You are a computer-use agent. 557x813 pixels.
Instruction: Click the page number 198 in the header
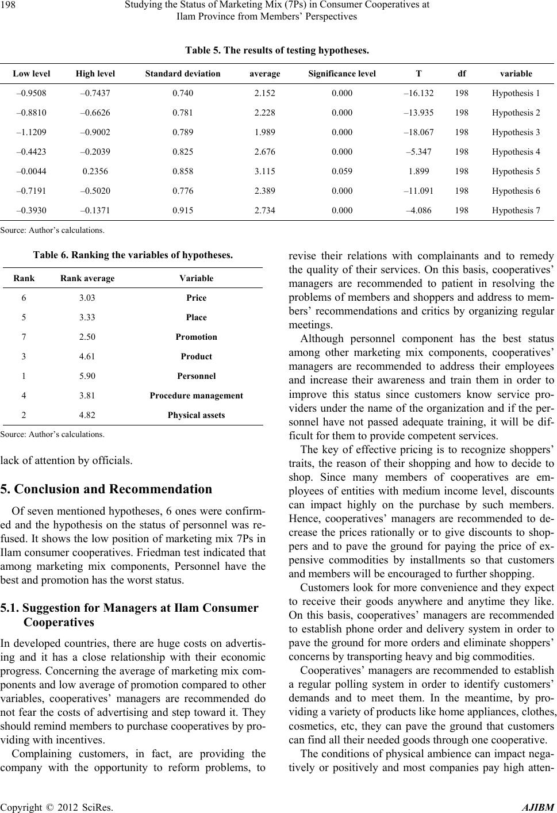(11, 6)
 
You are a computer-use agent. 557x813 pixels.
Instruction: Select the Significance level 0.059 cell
(342, 171)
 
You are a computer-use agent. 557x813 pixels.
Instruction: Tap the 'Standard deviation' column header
(183, 74)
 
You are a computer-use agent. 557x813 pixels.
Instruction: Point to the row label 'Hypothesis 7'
(516, 210)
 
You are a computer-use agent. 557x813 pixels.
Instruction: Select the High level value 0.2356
(95, 171)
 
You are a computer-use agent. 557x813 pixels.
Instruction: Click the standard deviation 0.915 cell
(183, 210)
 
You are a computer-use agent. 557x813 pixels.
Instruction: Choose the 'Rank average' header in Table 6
(87, 278)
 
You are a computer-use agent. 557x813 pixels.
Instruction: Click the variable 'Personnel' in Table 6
(197, 376)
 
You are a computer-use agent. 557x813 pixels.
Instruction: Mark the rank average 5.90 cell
(87, 376)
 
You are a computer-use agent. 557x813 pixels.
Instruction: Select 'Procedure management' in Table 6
(197, 396)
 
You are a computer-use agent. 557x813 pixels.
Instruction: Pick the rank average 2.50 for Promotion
(87, 337)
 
